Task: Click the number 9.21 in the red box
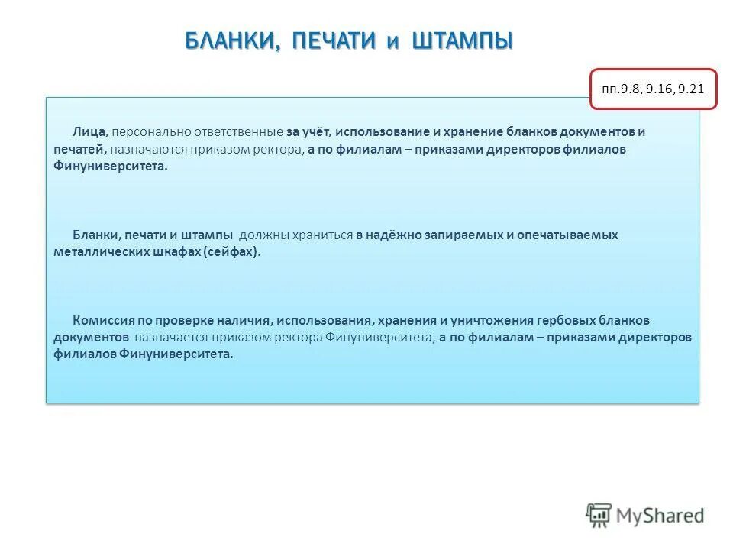690,89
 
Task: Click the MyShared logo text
660,516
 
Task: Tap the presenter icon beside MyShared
599,515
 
